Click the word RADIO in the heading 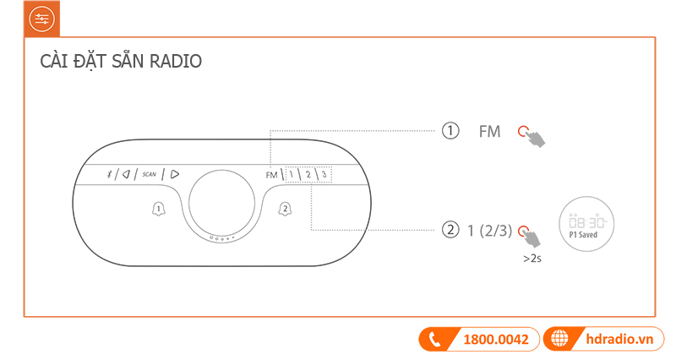click(175, 63)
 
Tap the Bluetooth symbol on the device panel click(107, 174)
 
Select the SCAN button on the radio click(150, 174)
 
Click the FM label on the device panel click(270, 175)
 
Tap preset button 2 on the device click(308, 175)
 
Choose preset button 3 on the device click(324, 175)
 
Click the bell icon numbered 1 click(157, 209)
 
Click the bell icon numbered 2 click(285, 209)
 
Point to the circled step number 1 click(450, 131)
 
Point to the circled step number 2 click(450, 230)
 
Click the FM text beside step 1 click(489, 132)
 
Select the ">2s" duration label click(532, 259)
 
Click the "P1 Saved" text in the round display click(583, 235)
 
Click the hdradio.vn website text click(620, 340)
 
